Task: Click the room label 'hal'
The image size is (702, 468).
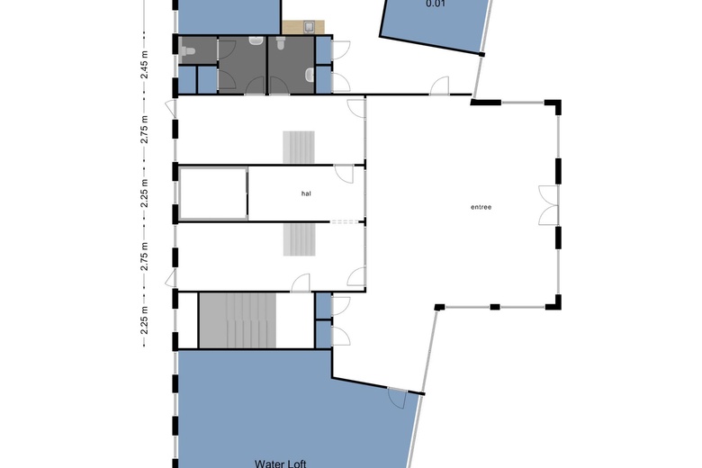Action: coord(306,193)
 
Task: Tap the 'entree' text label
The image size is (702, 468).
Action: coord(481,207)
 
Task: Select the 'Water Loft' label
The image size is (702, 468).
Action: coord(280,463)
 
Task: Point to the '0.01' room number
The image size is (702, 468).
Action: coord(436,4)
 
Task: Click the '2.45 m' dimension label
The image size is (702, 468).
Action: coord(145,65)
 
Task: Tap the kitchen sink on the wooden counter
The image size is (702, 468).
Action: coord(310,27)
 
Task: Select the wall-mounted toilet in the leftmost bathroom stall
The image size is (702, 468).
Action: coord(187,51)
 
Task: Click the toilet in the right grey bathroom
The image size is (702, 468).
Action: coord(281,42)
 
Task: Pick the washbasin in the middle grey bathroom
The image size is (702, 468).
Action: coord(256,41)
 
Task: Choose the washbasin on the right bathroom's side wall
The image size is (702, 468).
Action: coord(310,76)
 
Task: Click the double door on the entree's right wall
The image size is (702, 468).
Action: coord(548,205)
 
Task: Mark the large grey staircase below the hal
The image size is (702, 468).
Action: coord(238,320)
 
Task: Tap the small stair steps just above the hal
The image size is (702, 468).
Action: coord(299,147)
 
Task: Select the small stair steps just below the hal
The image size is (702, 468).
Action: coord(299,239)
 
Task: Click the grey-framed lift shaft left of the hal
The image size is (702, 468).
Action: coord(213,193)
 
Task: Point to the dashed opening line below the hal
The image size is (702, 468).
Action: coord(345,221)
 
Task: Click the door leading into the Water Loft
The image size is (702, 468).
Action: coord(397,398)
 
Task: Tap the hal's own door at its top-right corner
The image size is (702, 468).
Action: coord(345,175)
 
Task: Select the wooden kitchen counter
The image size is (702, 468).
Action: coord(303,27)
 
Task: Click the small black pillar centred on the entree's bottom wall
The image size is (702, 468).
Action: coord(495,307)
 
